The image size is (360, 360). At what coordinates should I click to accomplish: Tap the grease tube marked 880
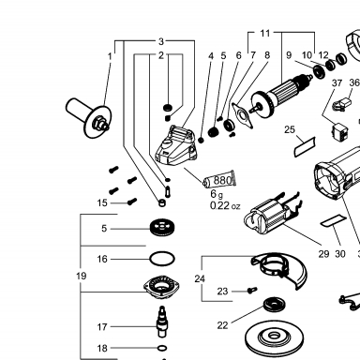(x=219, y=180)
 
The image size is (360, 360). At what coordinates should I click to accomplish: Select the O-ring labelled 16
(x=162, y=259)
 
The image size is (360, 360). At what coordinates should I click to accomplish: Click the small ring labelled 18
(x=162, y=348)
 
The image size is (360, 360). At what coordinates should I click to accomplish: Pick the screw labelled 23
(x=252, y=291)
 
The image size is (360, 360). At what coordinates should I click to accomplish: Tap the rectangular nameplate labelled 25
(x=305, y=147)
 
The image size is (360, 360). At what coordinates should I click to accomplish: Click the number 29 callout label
(x=323, y=254)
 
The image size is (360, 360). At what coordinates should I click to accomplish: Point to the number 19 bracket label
(x=81, y=276)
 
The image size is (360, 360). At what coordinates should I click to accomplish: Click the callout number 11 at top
(x=265, y=33)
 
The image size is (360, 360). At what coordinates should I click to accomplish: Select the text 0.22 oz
(x=225, y=206)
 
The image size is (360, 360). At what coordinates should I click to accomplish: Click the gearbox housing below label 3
(x=176, y=146)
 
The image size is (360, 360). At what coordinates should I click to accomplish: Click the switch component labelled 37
(x=339, y=131)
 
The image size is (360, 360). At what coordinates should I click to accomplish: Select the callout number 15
(x=102, y=202)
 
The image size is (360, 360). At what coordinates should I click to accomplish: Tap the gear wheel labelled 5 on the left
(x=162, y=228)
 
